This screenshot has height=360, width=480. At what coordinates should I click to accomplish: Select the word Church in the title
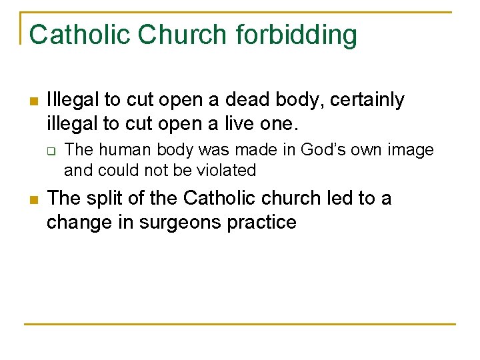pos(171,35)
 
